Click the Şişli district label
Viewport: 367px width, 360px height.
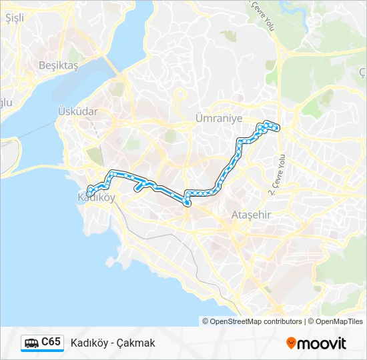click(14, 18)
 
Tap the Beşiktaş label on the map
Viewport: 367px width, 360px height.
click(59, 65)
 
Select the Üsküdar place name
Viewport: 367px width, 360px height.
click(77, 111)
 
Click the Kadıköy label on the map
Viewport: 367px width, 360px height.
click(97, 197)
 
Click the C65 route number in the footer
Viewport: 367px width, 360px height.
click(51, 342)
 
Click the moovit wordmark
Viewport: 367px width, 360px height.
click(322, 343)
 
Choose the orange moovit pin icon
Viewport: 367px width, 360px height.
click(291, 343)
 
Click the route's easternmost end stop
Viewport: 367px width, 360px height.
click(277, 127)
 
